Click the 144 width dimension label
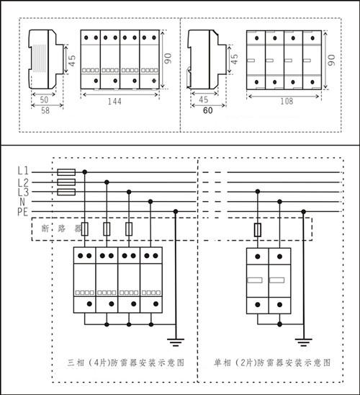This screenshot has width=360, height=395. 114,101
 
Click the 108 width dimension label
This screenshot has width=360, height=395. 287,101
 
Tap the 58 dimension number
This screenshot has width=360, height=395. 45,110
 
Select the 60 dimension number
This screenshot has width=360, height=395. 208,110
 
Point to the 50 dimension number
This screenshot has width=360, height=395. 44,99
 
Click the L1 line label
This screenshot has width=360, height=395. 23,171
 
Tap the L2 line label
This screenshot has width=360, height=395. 23,182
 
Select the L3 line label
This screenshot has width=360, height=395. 23,192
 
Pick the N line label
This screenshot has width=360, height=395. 22,202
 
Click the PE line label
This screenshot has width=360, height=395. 22,212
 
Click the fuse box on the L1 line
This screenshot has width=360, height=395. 66,172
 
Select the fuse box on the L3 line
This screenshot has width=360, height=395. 66,192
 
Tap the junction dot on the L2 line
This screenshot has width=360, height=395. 107,182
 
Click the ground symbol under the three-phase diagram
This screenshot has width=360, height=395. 176,342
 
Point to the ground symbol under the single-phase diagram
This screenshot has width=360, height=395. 304,342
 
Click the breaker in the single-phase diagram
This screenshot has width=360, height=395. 257,230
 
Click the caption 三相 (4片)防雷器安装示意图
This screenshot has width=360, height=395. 126,363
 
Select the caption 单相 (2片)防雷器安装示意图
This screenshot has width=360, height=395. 272,363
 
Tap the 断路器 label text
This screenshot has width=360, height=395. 61,228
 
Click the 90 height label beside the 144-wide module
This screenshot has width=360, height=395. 168,58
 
